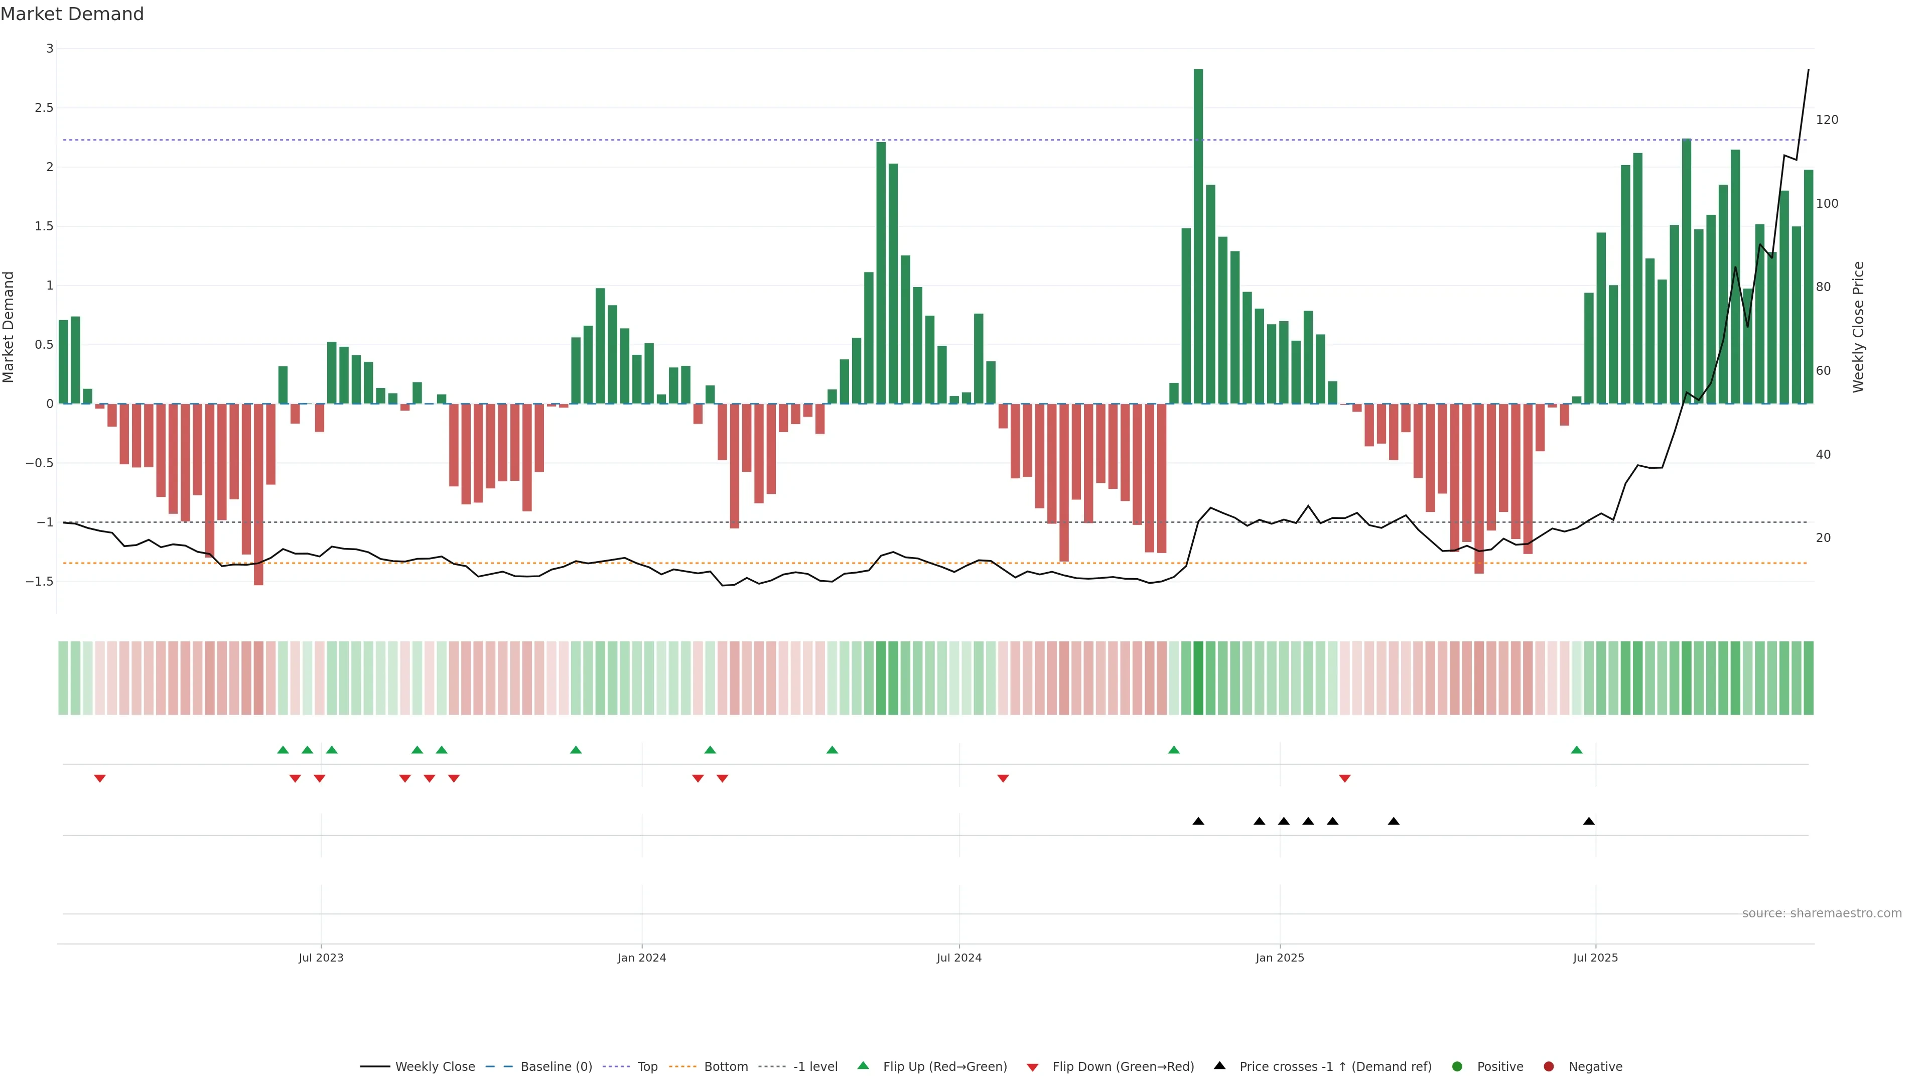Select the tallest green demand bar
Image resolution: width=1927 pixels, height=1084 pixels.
1198,236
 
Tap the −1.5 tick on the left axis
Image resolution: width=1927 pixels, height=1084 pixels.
40,581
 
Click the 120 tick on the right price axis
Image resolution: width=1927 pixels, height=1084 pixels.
1827,120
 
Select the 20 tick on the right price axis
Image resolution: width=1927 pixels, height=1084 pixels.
1823,538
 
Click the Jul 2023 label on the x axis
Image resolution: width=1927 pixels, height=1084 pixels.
321,958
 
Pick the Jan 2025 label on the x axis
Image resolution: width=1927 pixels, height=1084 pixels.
1280,958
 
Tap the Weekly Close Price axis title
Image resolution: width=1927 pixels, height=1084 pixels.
1858,327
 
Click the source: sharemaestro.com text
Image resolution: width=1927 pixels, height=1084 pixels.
1822,913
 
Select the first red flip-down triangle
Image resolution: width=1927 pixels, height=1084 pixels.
99,779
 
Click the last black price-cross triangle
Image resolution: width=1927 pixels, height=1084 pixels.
1589,822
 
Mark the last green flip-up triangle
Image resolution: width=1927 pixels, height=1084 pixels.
1577,750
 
